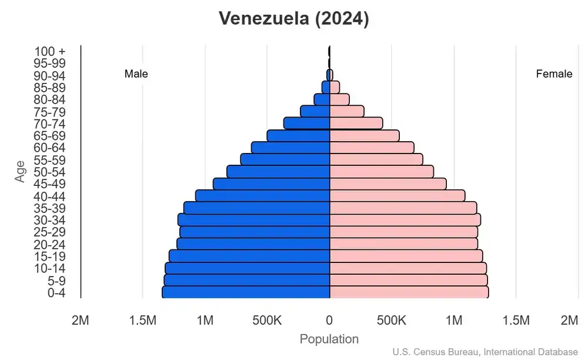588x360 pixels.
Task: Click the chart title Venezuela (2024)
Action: click(x=293, y=19)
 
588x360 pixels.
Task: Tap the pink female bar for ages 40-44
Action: click(x=397, y=195)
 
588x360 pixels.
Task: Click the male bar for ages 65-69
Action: click(x=298, y=135)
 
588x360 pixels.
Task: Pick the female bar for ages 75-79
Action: click(x=347, y=111)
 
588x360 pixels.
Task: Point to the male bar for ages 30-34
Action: click(x=253, y=219)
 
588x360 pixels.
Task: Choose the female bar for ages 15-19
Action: click(x=406, y=256)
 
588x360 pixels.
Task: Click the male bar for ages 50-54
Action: click(x=278, y=171)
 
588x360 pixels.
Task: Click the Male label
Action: click(x=136, y=74)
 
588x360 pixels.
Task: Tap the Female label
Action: click(x=554, y=74)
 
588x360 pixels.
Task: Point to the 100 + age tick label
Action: click(x=49, y=51)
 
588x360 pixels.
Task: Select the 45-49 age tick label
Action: click(x=49, y=184)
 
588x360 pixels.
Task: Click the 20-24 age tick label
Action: click(x=49, y=244)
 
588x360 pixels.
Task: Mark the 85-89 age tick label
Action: click(x=49, y=87)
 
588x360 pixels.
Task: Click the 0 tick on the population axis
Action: click(x=329, y=320)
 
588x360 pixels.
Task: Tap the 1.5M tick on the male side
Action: click(x=142, y=320)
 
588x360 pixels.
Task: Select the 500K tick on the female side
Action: click(x=392, y=320)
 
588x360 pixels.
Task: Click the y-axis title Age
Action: click(x=21, y=171)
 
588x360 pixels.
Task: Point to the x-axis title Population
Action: click(x=329, y=339)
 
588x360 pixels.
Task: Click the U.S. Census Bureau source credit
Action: click(x=485, y=352)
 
